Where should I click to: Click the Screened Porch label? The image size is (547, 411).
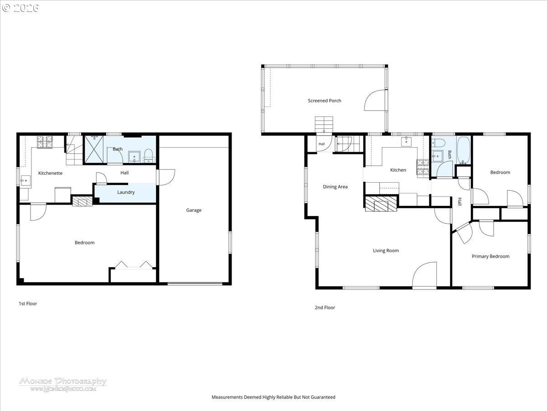(x=324, y=100)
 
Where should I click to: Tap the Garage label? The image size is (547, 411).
(x=194, y=210)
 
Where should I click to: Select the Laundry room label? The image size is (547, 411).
(x=126, y=192)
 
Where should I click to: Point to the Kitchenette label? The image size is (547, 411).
(x=50, y=173)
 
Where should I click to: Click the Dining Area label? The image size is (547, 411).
(x=335, y=187)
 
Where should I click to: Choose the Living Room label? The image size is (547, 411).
(x=386, y=251)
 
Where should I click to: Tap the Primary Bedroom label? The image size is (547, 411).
(x=490, y=256)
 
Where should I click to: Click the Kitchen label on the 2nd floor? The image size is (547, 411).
(x=398, y=170)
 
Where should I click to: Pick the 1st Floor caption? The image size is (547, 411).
(x=28, y=303)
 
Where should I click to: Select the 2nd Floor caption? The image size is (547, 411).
(x=325, y=307)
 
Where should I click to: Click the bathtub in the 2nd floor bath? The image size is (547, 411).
(x=464, y=150)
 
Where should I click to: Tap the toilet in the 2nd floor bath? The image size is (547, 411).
(x=438, y=143)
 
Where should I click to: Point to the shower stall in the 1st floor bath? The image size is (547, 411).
(x=94, y=149)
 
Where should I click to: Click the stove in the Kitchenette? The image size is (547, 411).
(x=45, y=142)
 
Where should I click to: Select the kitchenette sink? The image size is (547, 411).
(x=26, y=181)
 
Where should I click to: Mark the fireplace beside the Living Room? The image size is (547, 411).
(x=381, y=204)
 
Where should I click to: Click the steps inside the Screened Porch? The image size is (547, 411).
(x=324, y=125)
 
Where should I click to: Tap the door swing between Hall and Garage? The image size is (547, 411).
(x=167, y=177)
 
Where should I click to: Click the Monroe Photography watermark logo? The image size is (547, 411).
(x=63, y=385)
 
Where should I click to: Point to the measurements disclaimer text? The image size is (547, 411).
(x=273, y=397)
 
